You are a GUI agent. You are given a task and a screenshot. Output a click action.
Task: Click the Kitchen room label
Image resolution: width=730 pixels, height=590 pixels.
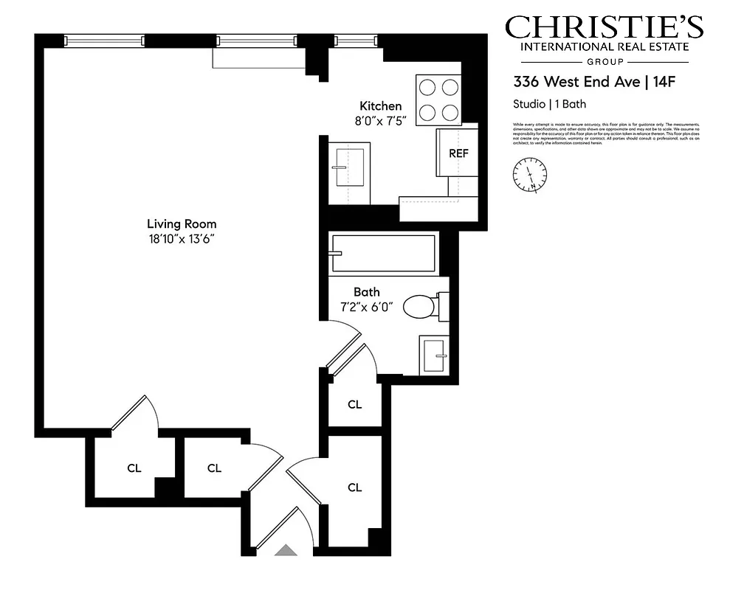point(380,106)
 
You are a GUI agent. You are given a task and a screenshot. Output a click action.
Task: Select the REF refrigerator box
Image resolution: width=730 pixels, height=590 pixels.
point(458,153)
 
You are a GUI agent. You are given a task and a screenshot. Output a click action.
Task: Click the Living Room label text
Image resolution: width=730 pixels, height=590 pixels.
point(182,224)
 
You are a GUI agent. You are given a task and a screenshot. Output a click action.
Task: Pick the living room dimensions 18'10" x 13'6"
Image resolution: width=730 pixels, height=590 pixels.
point(182,238)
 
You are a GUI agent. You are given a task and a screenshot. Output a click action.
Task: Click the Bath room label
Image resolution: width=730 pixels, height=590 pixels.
point(366,292)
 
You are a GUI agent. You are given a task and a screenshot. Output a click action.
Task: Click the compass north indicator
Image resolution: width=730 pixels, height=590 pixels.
point(529,175)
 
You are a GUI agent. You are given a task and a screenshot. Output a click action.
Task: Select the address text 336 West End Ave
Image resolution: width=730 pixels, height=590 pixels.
point(576,82)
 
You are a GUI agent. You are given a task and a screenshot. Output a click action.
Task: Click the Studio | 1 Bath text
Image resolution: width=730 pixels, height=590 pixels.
point(549,104)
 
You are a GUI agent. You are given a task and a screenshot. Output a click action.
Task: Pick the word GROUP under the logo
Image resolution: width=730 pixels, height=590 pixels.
point(604,62)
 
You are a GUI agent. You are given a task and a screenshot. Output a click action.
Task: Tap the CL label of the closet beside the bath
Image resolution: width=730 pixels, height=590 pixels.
point(355,404)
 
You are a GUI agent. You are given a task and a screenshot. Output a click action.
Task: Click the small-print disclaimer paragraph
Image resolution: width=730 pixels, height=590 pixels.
point(605,133)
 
